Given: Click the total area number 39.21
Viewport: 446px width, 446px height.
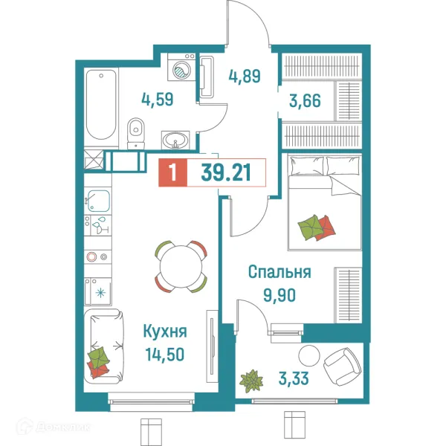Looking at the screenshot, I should (x=224, y=173).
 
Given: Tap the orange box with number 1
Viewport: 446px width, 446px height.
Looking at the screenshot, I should (x=173, y=173).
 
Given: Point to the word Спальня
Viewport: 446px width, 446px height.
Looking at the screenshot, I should (x=279, y=272).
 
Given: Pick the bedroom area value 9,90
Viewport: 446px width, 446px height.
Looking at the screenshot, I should (x=279, y=294).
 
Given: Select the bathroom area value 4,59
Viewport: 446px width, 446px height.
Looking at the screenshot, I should (x=158, y=99).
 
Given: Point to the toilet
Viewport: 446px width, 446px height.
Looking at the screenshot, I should (x=135, y=132).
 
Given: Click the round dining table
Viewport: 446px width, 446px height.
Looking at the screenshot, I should (x=181, y=265).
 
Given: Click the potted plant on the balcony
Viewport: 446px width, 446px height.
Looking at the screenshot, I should (x=253, y=381).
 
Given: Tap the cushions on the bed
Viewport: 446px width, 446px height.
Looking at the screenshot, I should (x=313, y=227).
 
